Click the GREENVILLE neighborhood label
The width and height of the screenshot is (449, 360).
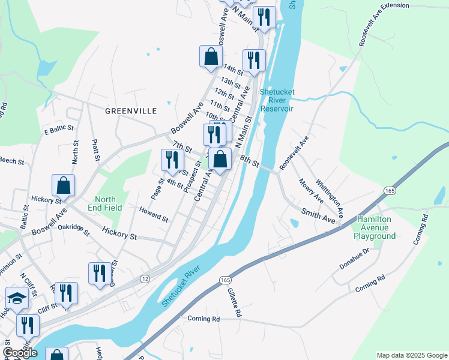(130, 111)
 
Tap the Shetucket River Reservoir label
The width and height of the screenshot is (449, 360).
(277, 100)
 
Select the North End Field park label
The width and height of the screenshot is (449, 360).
(109, 203)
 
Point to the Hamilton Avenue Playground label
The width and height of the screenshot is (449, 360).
(377, 228)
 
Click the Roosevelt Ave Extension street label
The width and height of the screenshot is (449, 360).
(384, 24)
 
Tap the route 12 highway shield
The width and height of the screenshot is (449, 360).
(145, 279)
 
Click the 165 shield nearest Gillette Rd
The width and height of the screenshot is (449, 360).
(224, 280)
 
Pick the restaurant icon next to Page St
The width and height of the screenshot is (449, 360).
(172, 160)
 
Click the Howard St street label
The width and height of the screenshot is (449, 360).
(154, 213)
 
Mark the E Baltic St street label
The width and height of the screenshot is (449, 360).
(58, 128)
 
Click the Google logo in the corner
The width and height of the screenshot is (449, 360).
(20, 353)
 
